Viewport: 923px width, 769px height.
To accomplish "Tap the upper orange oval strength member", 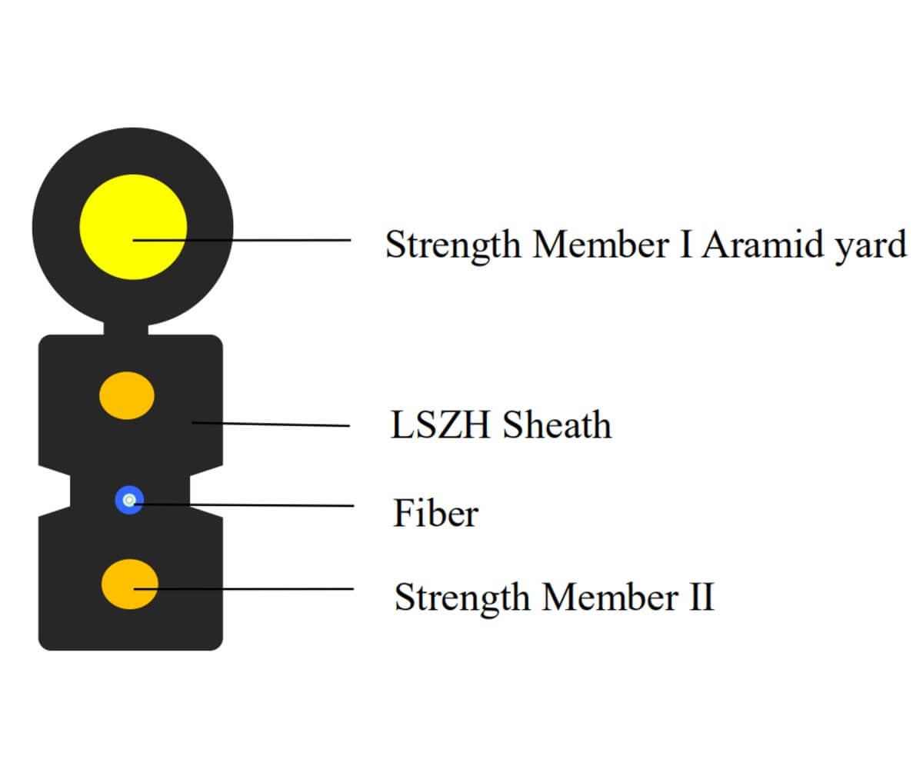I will [x=127, y=395].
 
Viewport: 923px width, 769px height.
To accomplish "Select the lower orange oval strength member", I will [x=130, y=584].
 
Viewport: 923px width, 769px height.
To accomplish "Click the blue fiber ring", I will [x=129, y=501].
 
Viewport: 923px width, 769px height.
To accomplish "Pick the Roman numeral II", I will [x=700, y=597].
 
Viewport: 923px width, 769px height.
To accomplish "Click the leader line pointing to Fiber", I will [x=246, y=505].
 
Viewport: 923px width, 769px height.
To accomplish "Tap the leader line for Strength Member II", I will [x=254, y=589].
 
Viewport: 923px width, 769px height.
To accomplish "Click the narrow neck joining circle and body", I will [x=126, y=329].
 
